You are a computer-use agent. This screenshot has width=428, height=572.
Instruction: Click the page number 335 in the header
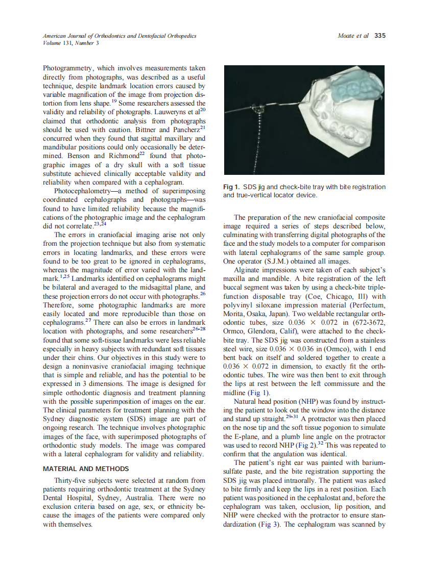379,36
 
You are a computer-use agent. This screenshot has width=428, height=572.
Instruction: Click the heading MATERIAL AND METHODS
86,469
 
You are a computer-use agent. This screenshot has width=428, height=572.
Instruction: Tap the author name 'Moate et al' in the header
353,36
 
